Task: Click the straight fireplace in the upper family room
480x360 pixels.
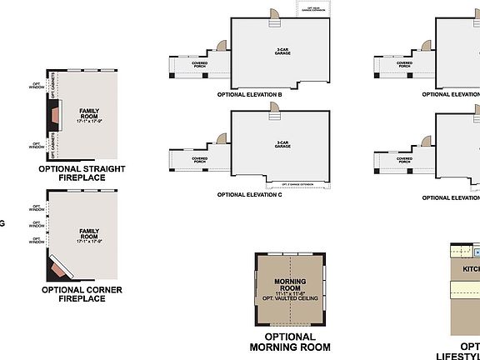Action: [x=51, y=117]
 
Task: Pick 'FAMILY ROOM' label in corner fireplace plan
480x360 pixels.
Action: [x=89, y=234]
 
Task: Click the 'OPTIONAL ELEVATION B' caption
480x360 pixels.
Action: [x=249, y=95]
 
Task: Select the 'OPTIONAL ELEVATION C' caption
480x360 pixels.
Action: [x=249, y=194]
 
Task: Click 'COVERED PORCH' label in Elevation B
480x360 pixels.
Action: [x=200, y=63]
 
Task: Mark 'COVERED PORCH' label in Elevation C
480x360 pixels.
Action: [x=200, y=159]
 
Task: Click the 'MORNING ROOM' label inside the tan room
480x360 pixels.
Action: [x=289, y=284]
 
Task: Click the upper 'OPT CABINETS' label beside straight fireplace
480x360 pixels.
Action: [x=55, y=92]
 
